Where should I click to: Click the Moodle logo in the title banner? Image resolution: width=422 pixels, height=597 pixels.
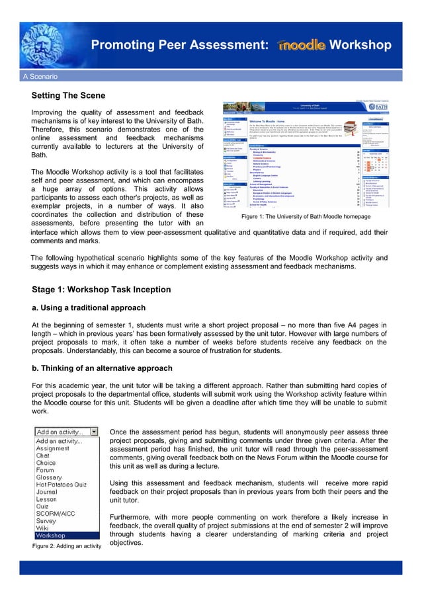click(302, 45)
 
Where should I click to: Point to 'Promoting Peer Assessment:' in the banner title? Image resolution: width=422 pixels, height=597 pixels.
click(179, 45)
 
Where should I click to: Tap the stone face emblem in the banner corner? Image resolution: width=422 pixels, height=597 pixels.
click(26, 33)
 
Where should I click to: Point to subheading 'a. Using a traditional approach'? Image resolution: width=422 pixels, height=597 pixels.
click(89, 307)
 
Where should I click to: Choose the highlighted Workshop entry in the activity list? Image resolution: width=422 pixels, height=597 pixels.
click(51, 536)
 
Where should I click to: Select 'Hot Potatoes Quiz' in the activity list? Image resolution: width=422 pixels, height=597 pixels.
click(62, 485)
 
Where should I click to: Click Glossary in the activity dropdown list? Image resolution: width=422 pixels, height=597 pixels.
click(50, 477)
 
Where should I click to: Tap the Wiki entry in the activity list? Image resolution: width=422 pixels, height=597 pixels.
click(43, 528)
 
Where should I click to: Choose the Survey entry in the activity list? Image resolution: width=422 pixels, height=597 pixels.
click(47, 521)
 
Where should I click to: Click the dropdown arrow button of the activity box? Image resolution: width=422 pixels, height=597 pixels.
click(94, 432)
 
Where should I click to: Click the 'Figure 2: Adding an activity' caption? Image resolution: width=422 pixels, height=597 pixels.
click(67, 546)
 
